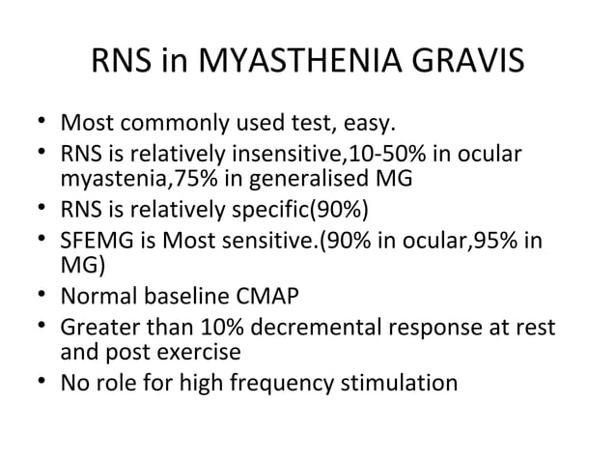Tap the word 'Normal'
point(98,291)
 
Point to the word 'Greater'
point(98,328)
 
